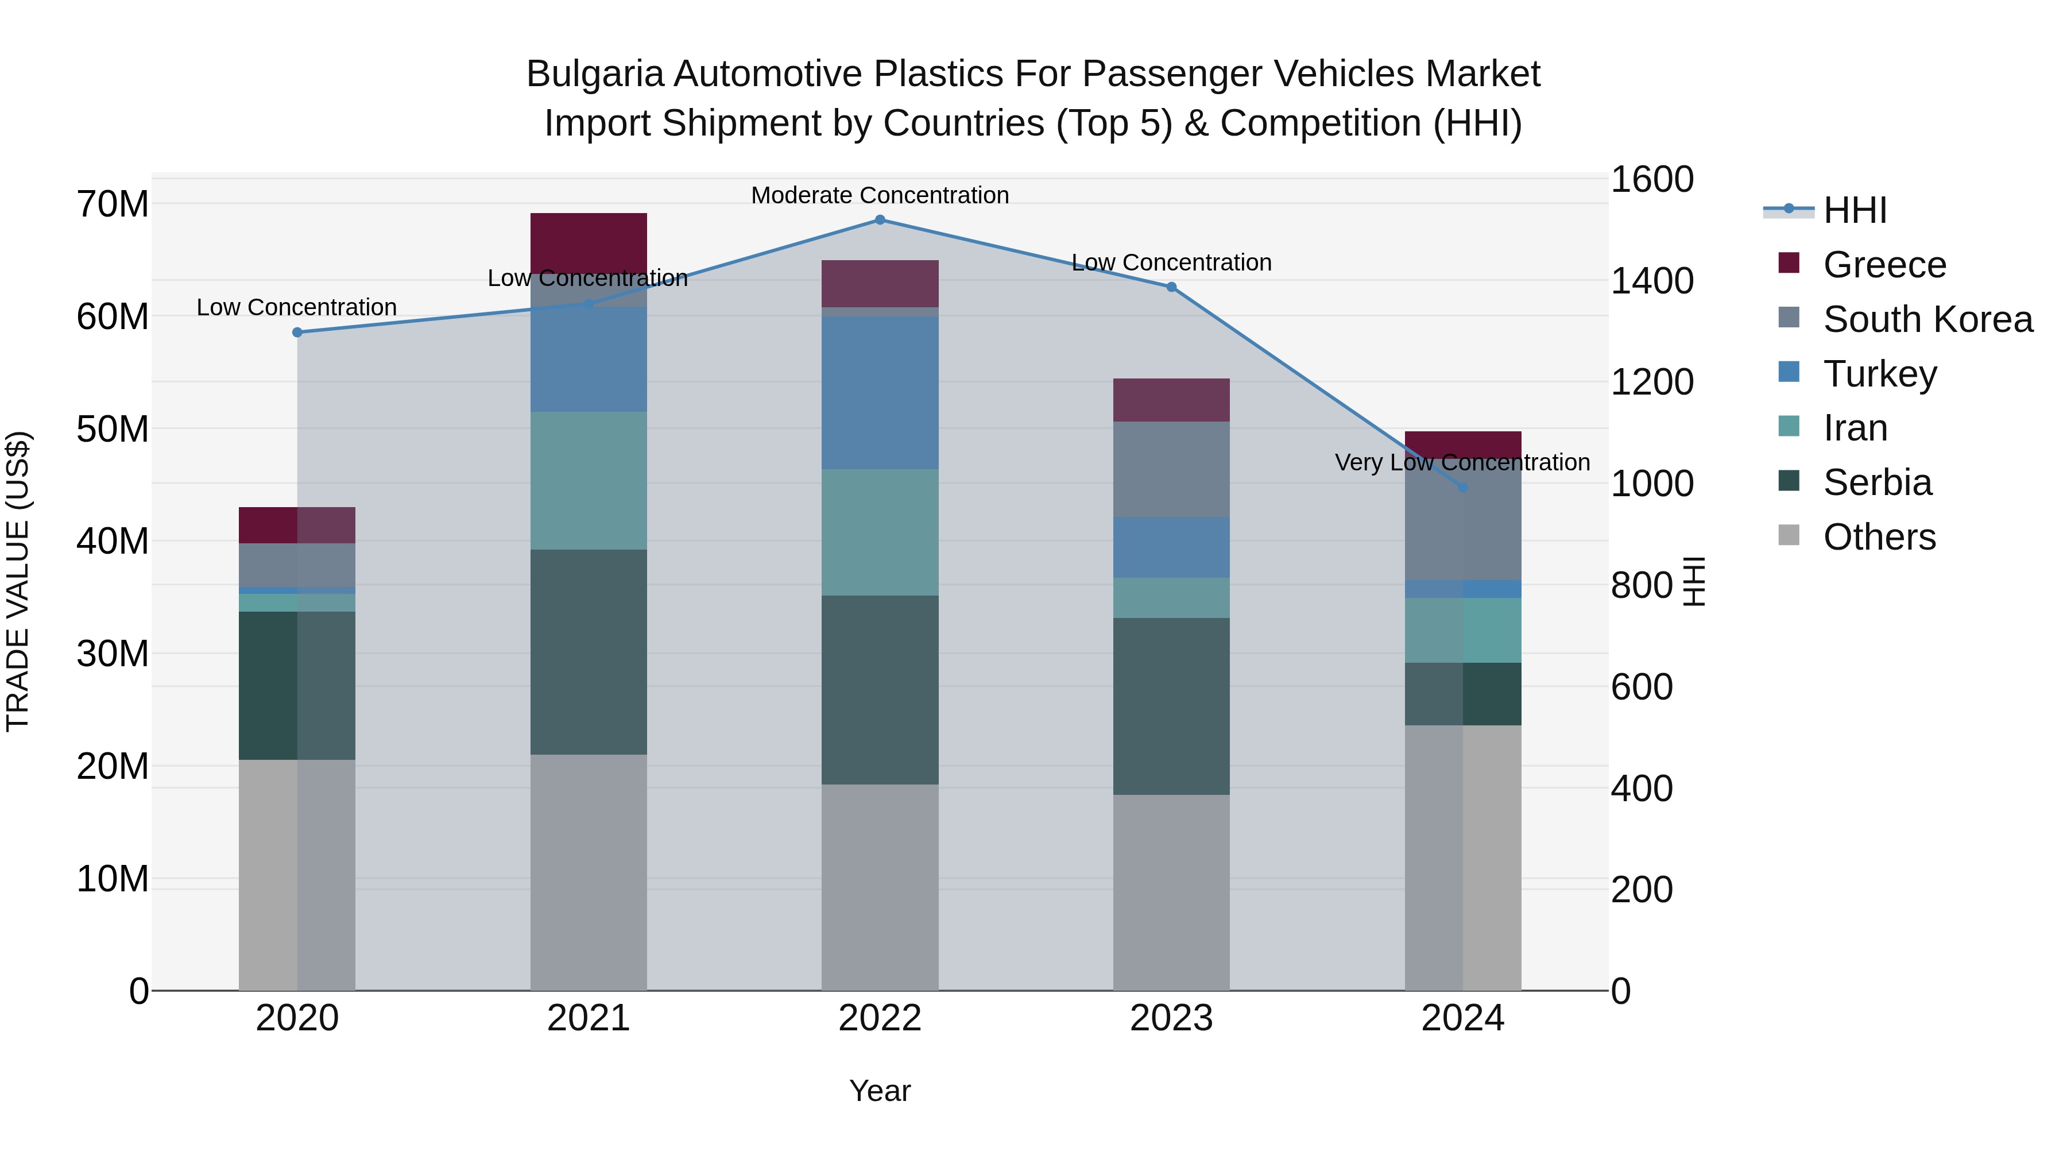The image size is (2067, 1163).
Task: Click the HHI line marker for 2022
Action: (x=880, y=220)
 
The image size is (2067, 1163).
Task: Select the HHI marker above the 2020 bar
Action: (x=297, y=333)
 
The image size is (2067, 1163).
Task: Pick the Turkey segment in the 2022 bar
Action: (x=880, y=393)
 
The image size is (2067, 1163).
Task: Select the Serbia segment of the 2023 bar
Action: (x=1171, y=706)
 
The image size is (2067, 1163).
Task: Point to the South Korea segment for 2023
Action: (x=1171, y=470)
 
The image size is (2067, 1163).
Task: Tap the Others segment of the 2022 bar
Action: (x=880, y=887)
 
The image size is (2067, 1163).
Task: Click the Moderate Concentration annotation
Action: (x=880, y=195)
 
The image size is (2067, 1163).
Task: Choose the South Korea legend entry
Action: (x=1927, y=319)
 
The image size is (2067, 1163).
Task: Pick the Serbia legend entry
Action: (x=1877, y=482)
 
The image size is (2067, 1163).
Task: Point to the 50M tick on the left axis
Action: (x=113, y=430)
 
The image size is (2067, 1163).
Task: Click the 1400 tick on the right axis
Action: (x=1651, y=281)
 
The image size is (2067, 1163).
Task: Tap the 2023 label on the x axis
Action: (x=1171, y=1018)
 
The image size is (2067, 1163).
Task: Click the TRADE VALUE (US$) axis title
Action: (x=18, y=581)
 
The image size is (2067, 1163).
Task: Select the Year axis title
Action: (x=880, y=1091)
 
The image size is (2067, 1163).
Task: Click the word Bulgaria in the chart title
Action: (x=595, y=74)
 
